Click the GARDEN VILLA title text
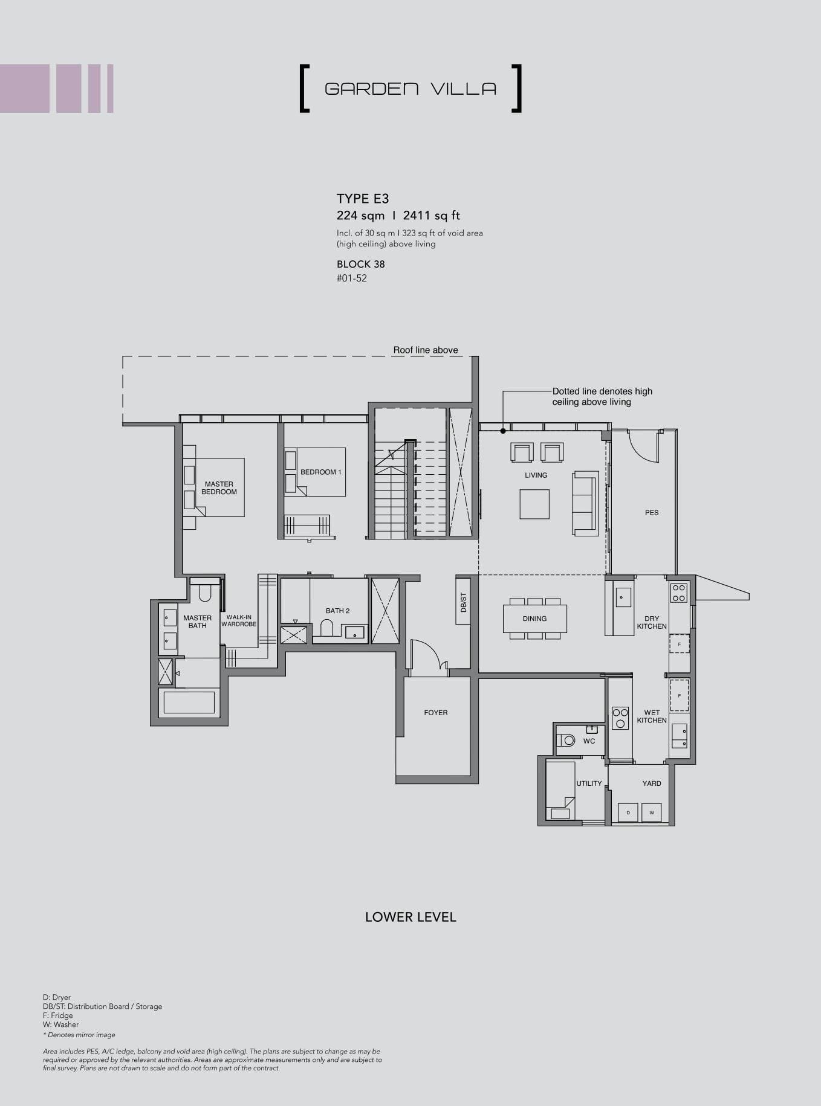pyautogui.click(x=410, y=89)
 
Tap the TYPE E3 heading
pyautogui.click(x=362, y=199)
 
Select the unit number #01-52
pyautogui.click(x=351, y=278)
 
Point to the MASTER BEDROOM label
pyautogui.click(x=219, y=488)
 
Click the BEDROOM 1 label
pyautogui.click(x=321, y=472)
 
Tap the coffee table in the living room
pyautogui.click(x=534, y=504)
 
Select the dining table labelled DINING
pyautogui.click(x=534, y=619)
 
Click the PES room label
pyautogui.click(x=651, y=513)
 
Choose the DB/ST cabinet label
pyautogui.click(x=464, y=602)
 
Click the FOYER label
pyautogui.click(x=436, y=713)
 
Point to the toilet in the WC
pyautogui.click(x=566, y=740)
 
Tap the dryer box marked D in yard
pyautogui.click(x=628, y=812)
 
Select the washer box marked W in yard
pyautogui.click(x=651, y=812)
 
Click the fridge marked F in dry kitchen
pyautogui.click(x=680, y=645)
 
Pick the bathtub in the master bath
pyautogui.click(x=189, y=703)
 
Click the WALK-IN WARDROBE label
pyautogui.click(x=239, y=620)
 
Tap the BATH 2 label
pyautogui.click(x=337, y=611)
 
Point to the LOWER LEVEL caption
pyautogui.click(x=410, y=917)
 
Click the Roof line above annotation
pyautogui.click(x=426, y=350)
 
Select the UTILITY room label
pyautogui.click(x=589, y=783)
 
